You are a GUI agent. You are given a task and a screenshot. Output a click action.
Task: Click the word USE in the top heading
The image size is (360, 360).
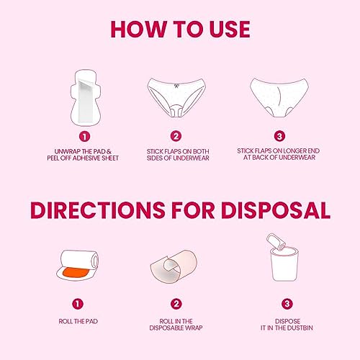[x=230, y=30]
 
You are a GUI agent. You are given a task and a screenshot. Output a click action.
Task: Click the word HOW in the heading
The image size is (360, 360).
[x=139, y=30]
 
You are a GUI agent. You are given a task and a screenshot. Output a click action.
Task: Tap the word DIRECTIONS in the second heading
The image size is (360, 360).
[x=98, y=210]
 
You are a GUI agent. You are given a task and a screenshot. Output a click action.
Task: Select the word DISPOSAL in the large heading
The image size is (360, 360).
[x=276, y=210]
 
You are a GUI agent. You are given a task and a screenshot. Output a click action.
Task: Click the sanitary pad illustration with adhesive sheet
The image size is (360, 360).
[x=86, y=97]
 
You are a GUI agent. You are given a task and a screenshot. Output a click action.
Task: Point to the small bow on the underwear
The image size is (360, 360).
[x=176, y=86]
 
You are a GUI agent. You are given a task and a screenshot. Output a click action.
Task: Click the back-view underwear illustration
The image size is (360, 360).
[x=279, y=97]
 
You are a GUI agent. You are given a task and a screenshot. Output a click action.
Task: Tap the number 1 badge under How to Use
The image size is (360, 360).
[x=84, y=137]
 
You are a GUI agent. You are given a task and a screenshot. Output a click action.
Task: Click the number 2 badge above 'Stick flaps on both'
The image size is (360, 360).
[x=176, y=136]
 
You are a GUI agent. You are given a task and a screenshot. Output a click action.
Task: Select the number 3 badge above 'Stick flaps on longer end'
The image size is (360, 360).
[x=279, y=136]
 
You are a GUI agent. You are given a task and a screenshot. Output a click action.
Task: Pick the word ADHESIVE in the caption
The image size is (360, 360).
[x=87, y=158]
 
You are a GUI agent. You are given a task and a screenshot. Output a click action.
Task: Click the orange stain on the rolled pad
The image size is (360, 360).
[x=76, y=273]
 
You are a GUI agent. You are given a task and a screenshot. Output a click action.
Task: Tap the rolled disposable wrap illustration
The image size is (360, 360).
[x=174, y=266]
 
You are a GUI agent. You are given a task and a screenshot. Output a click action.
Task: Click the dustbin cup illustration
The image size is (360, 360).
[x=284, y=264]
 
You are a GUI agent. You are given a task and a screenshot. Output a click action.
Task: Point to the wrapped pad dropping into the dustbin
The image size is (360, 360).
[x=276, y=242]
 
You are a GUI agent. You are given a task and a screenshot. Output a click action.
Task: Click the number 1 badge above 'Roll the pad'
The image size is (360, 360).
[x=78, y=304]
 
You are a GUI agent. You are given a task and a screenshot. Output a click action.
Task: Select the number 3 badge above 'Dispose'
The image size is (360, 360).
[x=287, y=304]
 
